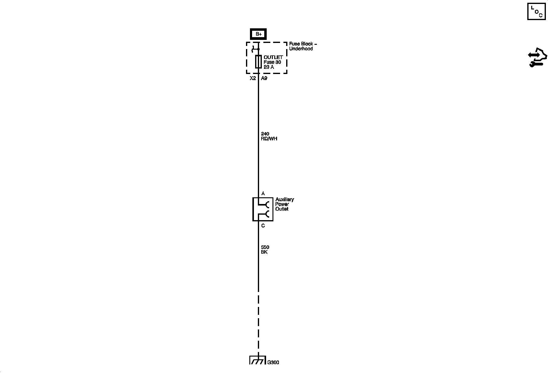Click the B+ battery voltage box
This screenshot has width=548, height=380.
258,34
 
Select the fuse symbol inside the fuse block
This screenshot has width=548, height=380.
258,62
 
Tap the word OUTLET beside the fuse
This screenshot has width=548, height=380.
273,57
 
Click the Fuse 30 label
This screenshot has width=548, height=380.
272,62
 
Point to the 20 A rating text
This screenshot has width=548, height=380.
269,67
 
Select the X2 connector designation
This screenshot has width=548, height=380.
253,78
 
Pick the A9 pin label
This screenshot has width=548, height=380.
264,78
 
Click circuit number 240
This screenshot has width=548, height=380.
265,134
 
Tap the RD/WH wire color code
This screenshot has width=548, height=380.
269,139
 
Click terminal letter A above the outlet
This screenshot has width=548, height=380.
263,193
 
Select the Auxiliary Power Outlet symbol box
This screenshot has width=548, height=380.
262,209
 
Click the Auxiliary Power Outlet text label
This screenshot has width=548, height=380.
284,204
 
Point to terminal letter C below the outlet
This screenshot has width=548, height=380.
263,226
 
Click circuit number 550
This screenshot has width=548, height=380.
265,247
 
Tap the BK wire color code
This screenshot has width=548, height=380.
264,252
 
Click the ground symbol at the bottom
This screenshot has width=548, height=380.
258,360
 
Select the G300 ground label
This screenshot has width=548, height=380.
273,362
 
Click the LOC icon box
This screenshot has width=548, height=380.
536,12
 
